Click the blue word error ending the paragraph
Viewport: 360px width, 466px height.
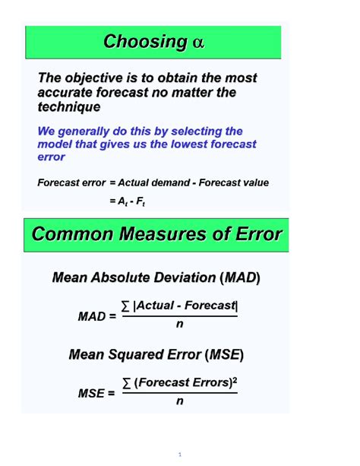click(x=51, y=157)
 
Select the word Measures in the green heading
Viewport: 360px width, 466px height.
click(x=167, y=234)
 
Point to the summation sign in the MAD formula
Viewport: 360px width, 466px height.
click(x=126, y=306)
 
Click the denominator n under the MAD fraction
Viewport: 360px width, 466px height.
click(x=180, y=325)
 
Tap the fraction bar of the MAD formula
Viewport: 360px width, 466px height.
click(x=180, y=316)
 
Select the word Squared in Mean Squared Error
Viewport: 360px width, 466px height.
click(x=137, y=354)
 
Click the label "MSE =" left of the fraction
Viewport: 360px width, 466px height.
click(x=96, y=393)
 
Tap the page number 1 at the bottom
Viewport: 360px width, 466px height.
click(x=180, y=455)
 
